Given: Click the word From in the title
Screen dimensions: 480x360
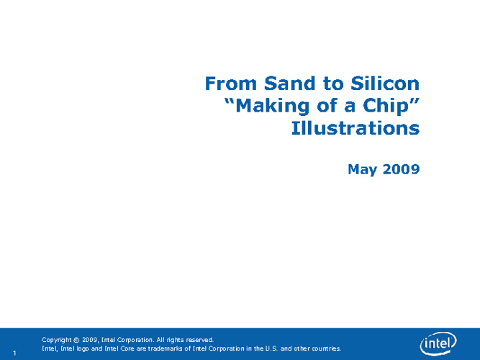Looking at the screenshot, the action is (230, 84).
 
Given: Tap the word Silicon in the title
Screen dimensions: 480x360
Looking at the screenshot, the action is (385, 84).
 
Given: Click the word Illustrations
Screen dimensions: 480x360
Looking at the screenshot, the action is (356, 127).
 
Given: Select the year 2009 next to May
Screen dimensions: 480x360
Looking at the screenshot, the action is (401, 169).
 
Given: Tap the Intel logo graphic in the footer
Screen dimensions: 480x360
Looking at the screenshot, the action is (438, 344).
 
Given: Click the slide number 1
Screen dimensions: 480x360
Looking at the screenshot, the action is (14, 354).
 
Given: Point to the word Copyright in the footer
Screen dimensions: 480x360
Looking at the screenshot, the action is (56, 340).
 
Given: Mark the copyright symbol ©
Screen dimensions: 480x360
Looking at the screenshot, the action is (76, 340).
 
